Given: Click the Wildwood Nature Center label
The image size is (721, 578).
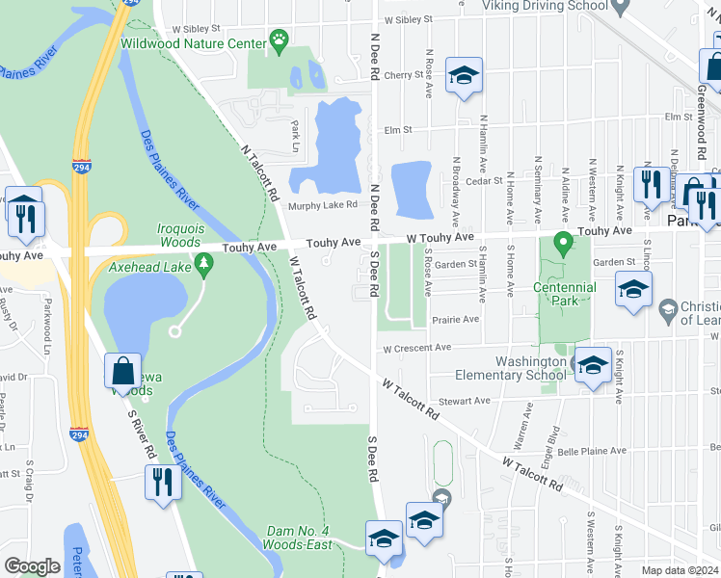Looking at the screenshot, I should point(193,43).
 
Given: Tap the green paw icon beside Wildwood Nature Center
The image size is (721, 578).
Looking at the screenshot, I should point(280,39).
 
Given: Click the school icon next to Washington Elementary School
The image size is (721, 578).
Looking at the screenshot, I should point(594,365).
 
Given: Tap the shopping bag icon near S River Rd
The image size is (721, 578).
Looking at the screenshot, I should point(124,371).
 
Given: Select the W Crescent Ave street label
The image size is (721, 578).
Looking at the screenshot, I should point(416,348).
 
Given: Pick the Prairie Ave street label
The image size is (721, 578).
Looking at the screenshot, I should point(458,319).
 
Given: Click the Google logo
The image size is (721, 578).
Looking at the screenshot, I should point(32,565).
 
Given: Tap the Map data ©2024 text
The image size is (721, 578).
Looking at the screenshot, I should point(680,570).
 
